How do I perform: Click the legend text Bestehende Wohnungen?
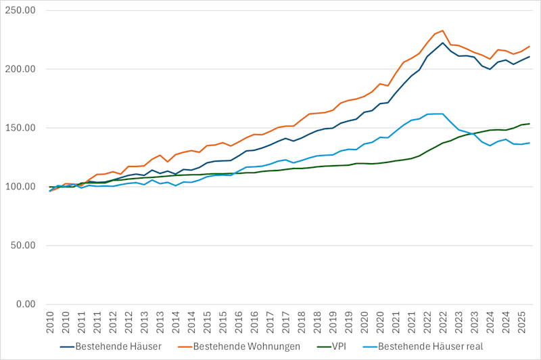pos(246,347)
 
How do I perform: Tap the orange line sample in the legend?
pos(181,347)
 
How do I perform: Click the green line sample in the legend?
pos(327,347)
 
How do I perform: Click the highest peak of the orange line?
pos(443,30)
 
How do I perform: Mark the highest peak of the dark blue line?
pos(443,43)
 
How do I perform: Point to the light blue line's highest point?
pos(442,114)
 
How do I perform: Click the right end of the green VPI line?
pos(530,124)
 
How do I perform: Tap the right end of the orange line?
pos(530,46)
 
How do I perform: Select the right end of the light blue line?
pos(530,143)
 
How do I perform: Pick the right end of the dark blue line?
pos(530,56)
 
